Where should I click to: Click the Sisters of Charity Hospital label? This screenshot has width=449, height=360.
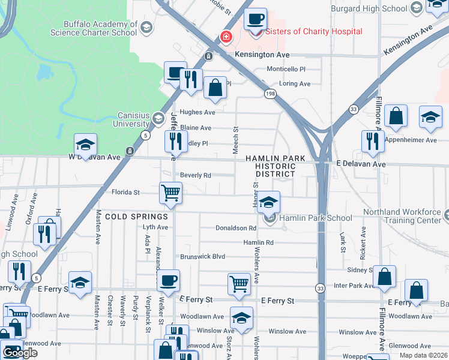click(313, 31)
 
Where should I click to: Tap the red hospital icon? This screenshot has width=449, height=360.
click(226, 37)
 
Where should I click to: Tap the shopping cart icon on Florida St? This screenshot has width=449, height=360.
click(170, 193)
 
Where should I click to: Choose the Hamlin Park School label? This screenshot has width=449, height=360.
click(316, 218)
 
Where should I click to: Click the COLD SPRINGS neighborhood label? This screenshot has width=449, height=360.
click(136, 216)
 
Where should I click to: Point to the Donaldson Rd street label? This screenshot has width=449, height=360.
click(236, 228)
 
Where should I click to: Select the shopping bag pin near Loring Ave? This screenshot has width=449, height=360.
click(215, 88)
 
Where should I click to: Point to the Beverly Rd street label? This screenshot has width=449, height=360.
click(195, 176)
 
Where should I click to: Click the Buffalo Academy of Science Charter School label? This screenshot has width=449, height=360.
click(101, 28)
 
